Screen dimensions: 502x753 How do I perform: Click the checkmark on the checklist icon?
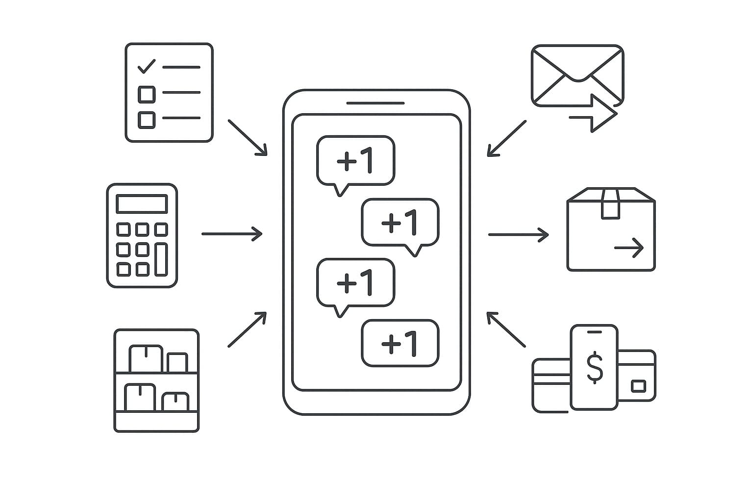pos(146,66)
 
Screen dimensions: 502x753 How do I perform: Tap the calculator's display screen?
pos(142,203)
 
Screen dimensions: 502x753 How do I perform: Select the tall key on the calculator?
pos(161,259)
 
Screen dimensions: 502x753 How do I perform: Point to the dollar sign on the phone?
pos(595,367)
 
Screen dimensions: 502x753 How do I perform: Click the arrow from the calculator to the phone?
pos(232,234)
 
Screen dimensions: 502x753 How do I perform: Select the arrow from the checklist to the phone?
pos(247,138)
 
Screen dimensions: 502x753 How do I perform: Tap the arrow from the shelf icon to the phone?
pos(247,329)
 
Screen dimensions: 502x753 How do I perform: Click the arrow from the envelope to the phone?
pos(507,138)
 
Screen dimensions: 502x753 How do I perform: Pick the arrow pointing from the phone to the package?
pos(518,235)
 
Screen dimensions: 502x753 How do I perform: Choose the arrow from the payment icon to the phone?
pos(506,329)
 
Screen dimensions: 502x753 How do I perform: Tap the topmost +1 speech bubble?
pos(355,160)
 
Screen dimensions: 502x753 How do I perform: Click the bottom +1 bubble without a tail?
pos(400,343)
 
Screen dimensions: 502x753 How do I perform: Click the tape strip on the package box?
pos(610,204)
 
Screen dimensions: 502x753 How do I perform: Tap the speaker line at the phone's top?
pos(376,103)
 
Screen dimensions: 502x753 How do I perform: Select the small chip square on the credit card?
pos(638,386)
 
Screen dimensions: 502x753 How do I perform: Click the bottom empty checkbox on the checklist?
pos(147,120)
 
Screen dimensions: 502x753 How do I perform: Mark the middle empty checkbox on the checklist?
pos(147,94)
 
